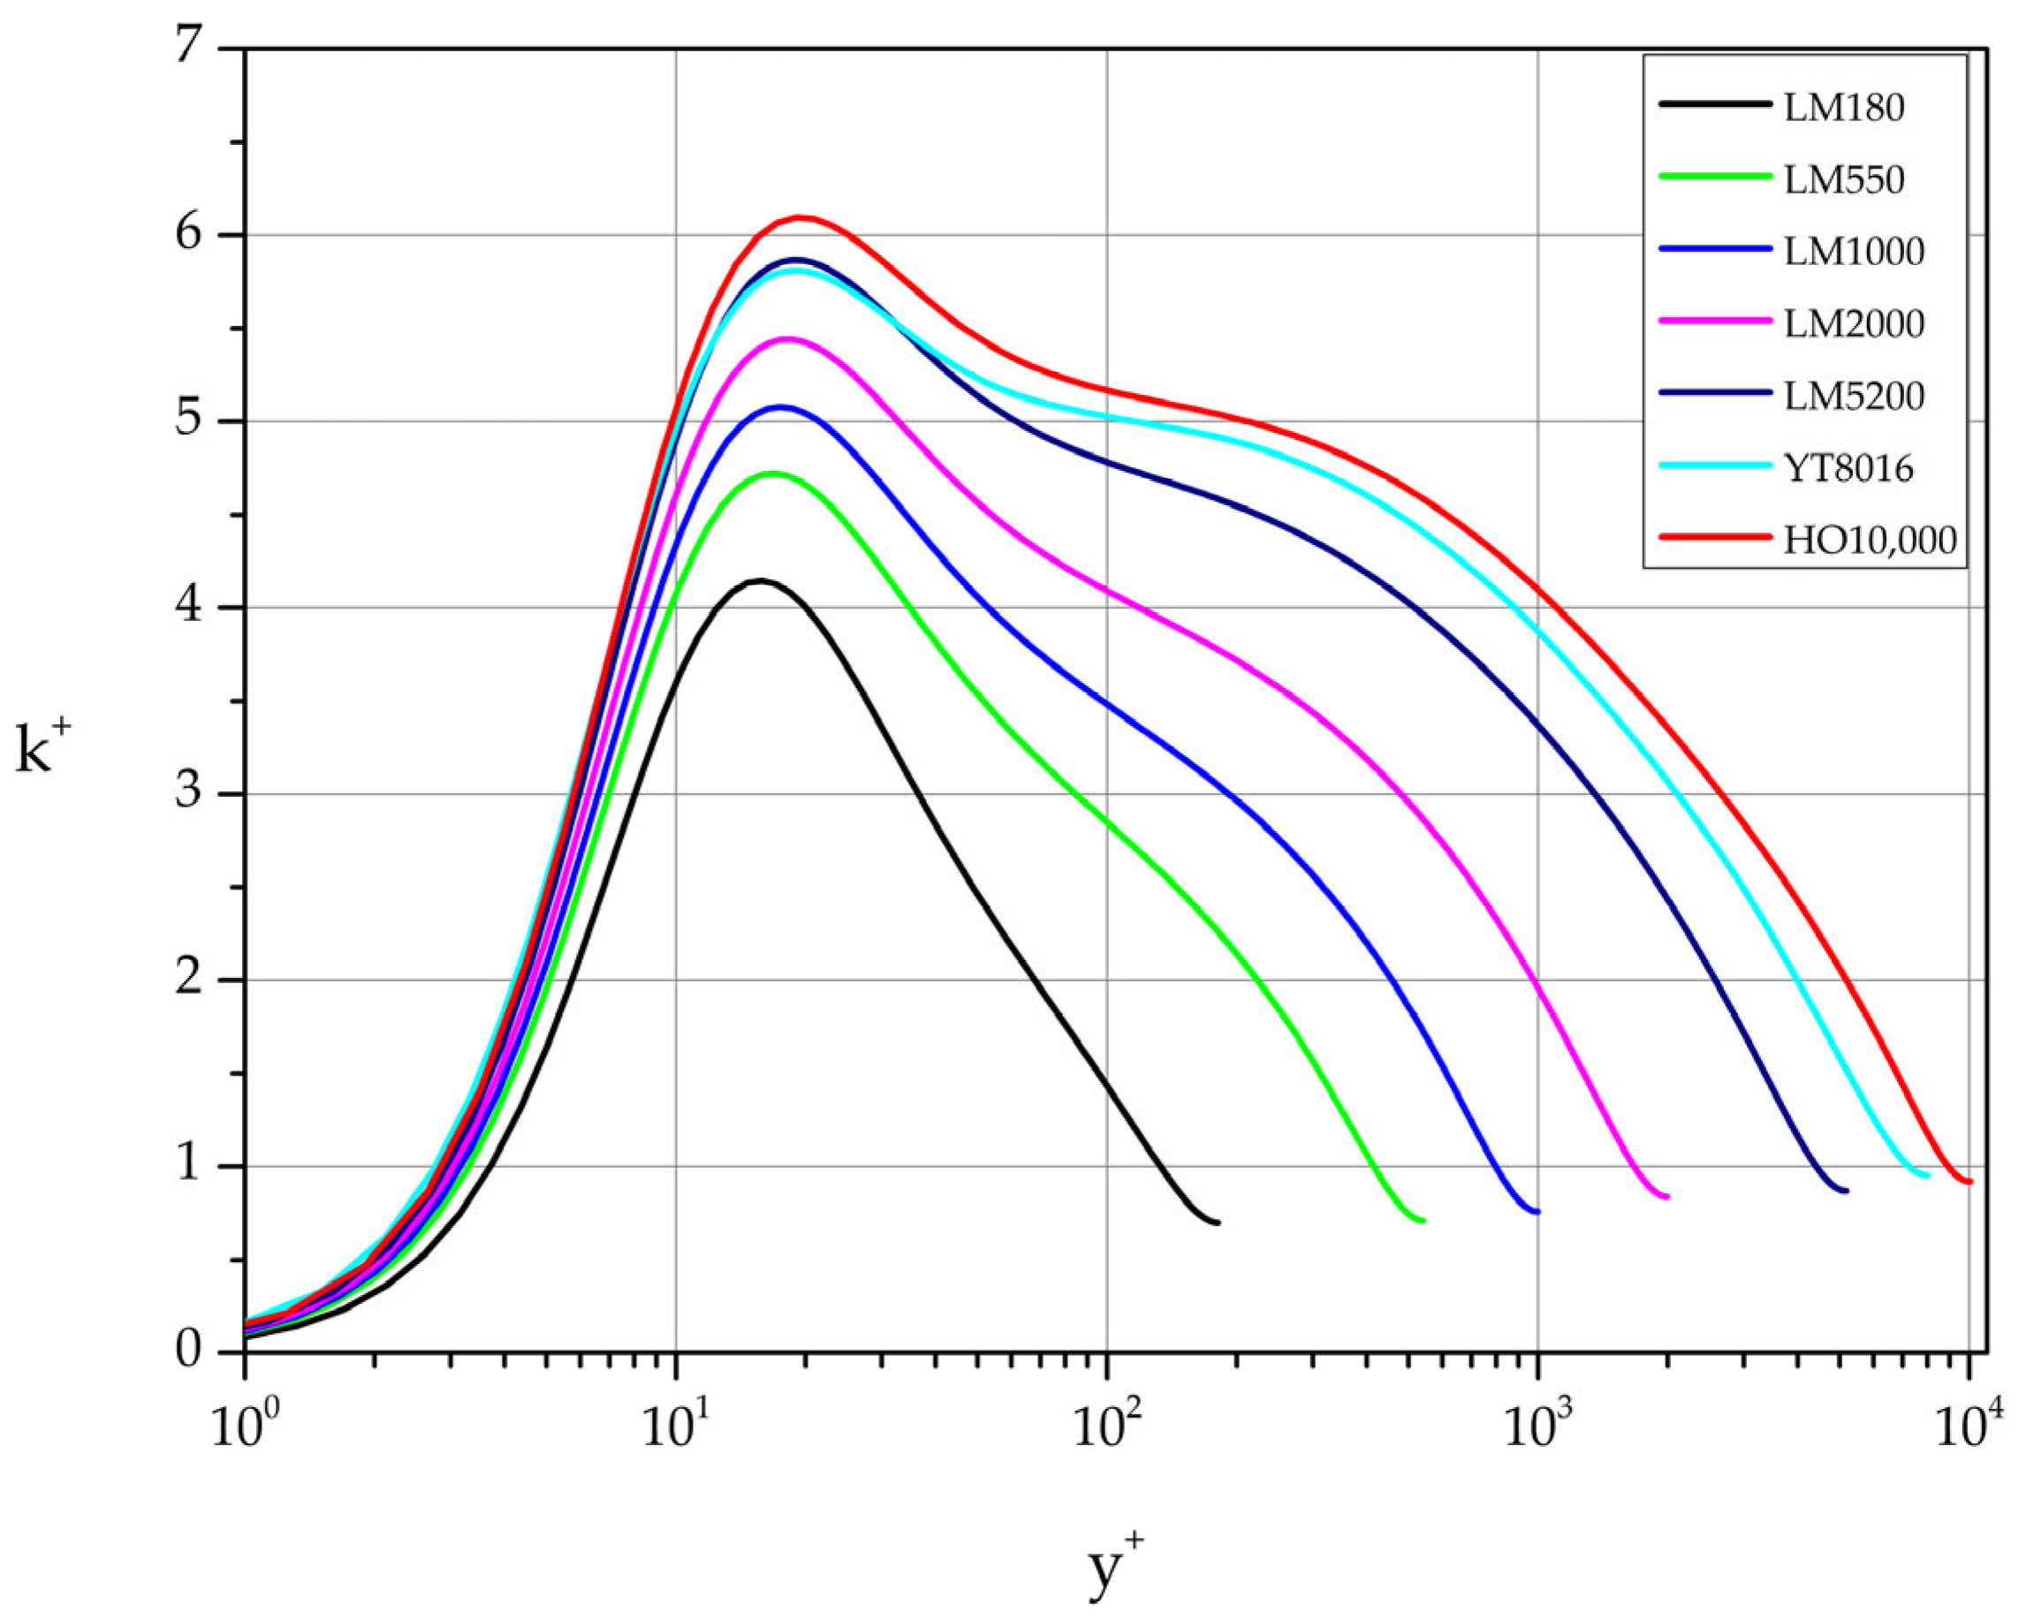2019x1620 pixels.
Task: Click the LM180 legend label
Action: click(x=1843, y=109)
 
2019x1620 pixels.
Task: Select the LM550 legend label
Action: click(x=1843, y=181)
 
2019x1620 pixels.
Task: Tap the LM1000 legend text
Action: click(x=1853, y=252)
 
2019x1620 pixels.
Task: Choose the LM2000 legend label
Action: click(x=1853, y=324)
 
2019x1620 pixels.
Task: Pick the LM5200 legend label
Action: click(x=1853, y=396)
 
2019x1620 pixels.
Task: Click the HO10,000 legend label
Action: click(x=1869, y=541)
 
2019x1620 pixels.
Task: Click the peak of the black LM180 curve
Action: click(x=761, y=581)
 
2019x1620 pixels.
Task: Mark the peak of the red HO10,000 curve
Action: click(x=799, y=217)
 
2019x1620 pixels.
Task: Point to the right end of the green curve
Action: click(x=1422, y=1221)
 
